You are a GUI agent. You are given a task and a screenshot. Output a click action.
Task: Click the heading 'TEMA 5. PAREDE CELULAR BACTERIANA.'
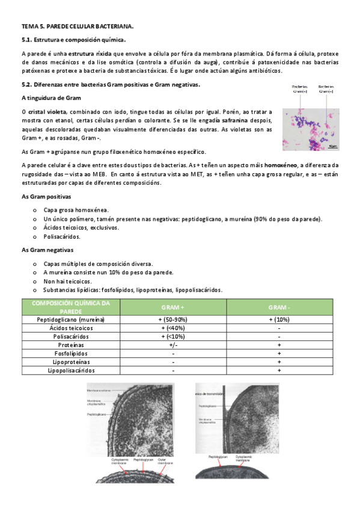78,27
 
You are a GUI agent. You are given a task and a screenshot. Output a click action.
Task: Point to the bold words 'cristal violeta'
47,112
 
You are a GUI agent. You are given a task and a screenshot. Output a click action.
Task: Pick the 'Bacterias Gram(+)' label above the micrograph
301,89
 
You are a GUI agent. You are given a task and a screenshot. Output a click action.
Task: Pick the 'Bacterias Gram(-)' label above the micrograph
328,89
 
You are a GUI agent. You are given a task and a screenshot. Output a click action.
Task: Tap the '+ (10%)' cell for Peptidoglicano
279,319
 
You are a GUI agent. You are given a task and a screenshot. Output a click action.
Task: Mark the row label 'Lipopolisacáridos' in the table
71,370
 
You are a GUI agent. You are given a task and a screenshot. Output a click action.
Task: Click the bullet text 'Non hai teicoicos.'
67,281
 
